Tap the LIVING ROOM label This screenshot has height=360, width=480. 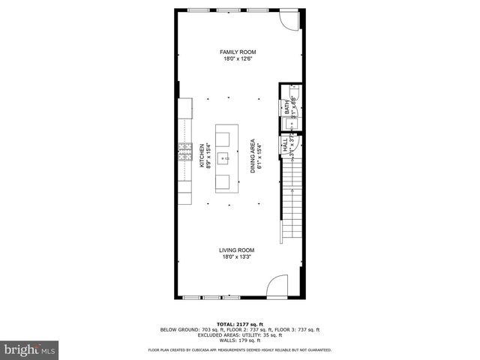pyautogui.click(x=237, y=250)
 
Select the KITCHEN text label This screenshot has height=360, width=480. pyautogui.click(x=201, y=155)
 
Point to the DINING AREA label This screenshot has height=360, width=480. pyautogui.click(x=253, y=155)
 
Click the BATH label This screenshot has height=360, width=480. pyautogui.click(x=287, y=108)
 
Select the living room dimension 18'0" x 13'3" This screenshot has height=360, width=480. pyautogui.click(x=237, y=257)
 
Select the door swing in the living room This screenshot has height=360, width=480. pyautogui.click(x=277, y=286)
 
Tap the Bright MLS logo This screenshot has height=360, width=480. pyautogui.click(x=29, y=349)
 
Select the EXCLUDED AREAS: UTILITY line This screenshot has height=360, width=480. pyautogui.click(x=240, y=334)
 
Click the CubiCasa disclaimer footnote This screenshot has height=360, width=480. pyautogui.click(x=240, y=349)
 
